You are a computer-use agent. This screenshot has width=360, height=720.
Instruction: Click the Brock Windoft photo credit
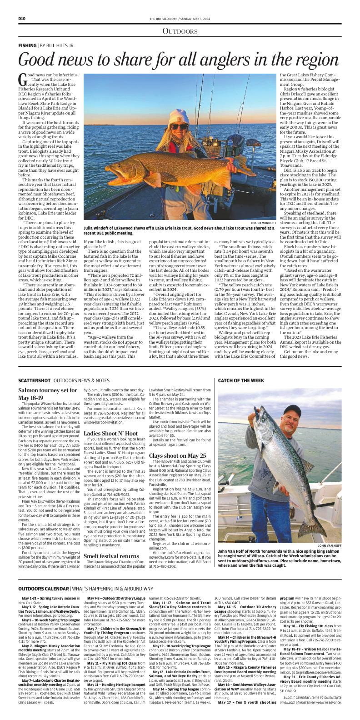(x=263, y=210)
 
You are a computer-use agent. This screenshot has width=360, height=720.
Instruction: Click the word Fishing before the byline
(x=27, y=46)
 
